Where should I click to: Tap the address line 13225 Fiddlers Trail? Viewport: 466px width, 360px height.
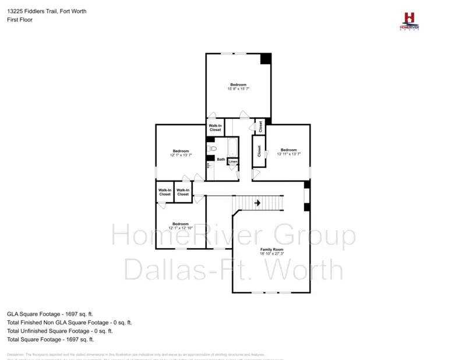(x=47, y=11)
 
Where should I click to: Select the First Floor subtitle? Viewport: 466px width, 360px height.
(x=20, y=20)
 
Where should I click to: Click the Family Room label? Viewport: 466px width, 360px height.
(x=272, y=249)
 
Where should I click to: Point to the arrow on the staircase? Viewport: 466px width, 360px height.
(x=257, y=203)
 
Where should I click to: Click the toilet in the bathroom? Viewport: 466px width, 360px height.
(x=213, y=149)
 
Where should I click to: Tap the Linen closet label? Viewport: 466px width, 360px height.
(x=233, y=161)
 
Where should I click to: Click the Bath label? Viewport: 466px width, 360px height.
(x=221, y=159)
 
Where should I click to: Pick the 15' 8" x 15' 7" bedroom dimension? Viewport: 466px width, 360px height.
(x=238, y=89)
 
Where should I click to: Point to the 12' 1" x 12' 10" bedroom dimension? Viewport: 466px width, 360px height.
(x=180, y=228)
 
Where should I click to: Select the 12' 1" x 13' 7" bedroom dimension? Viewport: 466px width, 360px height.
(x=181, y=156)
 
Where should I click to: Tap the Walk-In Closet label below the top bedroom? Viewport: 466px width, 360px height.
(x=216, y=127)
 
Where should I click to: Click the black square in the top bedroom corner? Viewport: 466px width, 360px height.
(x=266, y=59)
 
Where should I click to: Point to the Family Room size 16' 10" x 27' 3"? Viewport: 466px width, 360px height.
(x=272, y=253)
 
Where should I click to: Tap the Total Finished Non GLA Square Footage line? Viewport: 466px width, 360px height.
(x=69, y=322)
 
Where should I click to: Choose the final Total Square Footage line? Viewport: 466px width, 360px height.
(x=51, y=339)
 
